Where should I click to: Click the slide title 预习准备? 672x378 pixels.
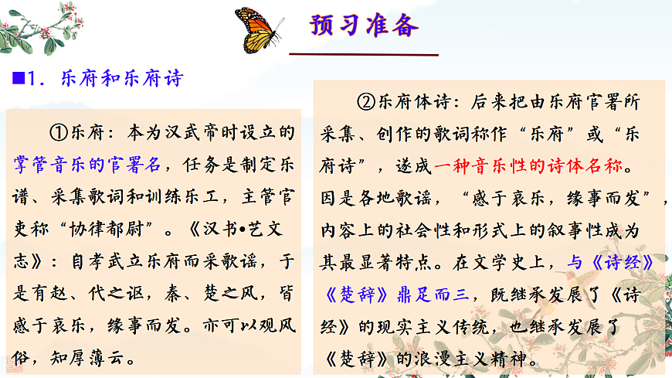pos(364,26)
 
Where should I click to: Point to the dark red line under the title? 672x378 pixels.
pos(363,55)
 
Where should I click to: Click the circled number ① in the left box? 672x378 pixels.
pos(59,132)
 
